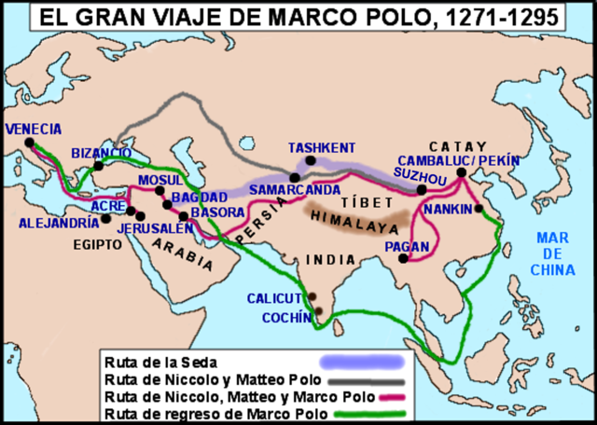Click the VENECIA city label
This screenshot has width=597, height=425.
click(x=34, y=129)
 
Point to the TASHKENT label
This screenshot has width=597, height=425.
click(x=322, y=148)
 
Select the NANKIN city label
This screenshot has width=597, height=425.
click(x=449, y=210)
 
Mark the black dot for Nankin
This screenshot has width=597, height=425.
click(x=479, y=209)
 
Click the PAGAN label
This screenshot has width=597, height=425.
click(x=407, y=246)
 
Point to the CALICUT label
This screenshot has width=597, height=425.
click(x=275, y=298)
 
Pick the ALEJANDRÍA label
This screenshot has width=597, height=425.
click(x=58, y=224)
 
